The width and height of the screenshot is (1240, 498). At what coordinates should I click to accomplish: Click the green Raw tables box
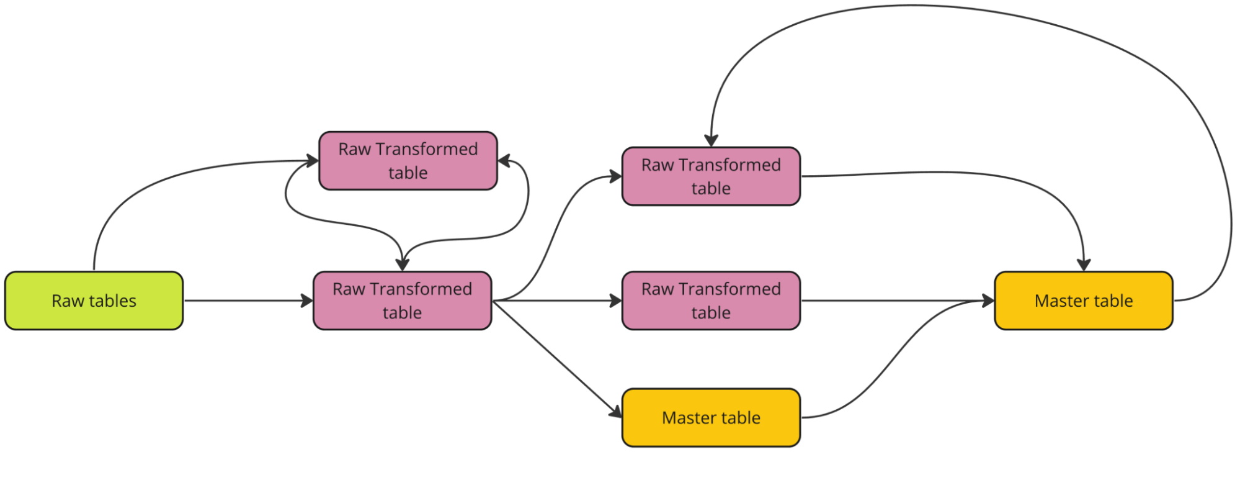click(x=94, y=301)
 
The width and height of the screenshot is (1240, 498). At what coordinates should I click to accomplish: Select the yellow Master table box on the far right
click(x=1083, y=301)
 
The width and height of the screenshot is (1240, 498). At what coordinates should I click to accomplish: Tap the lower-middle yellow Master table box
click(x=711, y=417)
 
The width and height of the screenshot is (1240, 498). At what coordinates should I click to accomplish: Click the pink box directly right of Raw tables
click(x=402, y=301)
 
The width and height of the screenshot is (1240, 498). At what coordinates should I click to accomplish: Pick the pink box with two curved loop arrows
click(x=408, y=160)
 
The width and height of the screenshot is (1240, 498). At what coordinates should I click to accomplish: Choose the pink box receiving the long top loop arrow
click(x=711, y=176)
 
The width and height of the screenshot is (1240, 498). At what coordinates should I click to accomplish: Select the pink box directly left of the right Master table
click(x=711, y=301)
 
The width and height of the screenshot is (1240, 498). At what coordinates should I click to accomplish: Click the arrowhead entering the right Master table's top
click(x=1084, y=265)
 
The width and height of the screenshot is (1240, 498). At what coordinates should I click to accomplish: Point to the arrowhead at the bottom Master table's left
click(x=616, y=412)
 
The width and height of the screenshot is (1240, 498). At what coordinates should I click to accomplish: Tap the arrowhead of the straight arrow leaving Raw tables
click(x=307, y=301)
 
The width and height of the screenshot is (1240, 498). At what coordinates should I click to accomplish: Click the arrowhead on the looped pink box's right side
click(x=504, y=161)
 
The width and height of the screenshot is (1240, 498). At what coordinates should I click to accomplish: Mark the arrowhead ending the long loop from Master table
click(x=711, y=140)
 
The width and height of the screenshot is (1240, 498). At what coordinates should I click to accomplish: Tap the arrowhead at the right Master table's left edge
click(x=988, y=301)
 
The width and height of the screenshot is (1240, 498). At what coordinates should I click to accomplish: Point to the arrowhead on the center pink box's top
click(x=402, y=265)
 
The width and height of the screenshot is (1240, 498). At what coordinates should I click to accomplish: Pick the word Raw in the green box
click(x=68, y=301)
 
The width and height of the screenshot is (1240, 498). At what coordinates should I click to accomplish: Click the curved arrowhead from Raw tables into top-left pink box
click(x=313, y=161)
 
